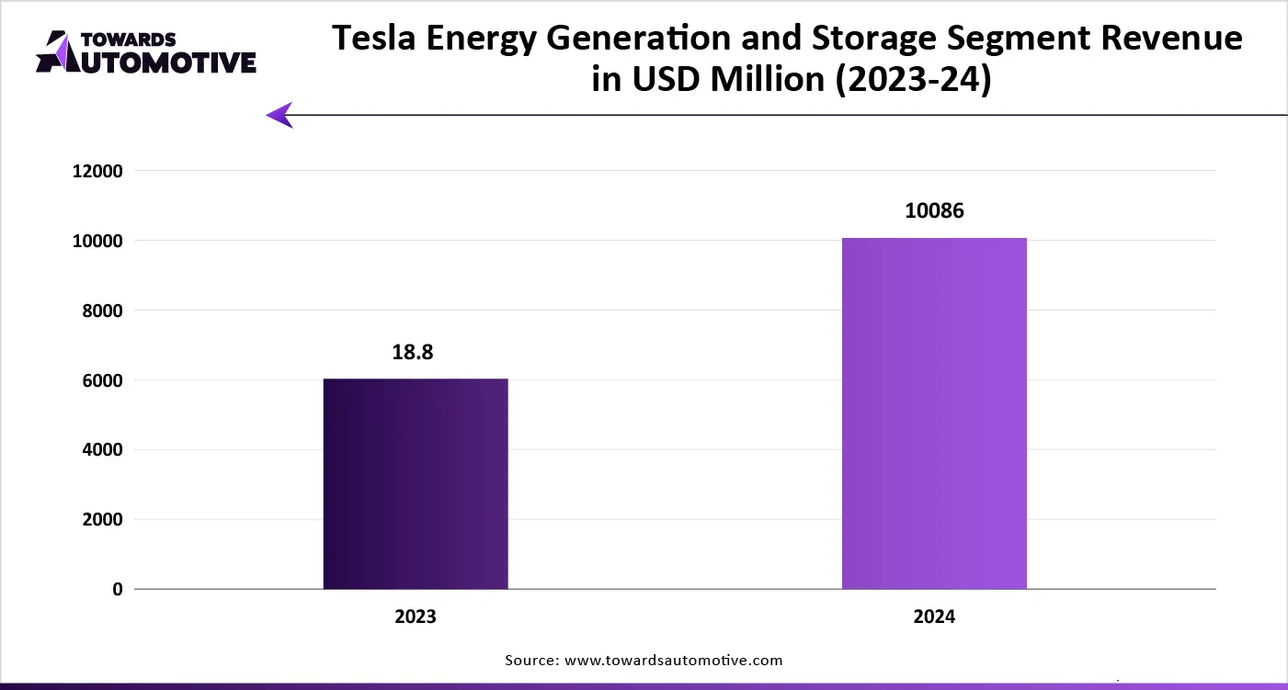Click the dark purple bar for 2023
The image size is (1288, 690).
[x=416, y=483]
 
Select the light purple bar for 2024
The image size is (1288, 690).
[x=934, y=413]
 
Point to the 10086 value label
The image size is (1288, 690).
[x=934, y=211]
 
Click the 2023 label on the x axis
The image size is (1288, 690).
[x=416, y=616]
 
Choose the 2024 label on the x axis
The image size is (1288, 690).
[x=934, y=616]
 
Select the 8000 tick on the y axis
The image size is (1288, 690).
[x=101, y=311]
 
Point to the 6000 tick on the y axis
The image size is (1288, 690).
[x=101, y=380]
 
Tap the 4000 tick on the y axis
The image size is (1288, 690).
[x=101, y=450]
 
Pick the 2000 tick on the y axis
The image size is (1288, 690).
[x=101, y=520]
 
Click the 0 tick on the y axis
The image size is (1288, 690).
[x=118, y=590]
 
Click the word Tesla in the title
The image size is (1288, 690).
[x=374, y=39]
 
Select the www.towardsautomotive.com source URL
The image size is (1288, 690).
[x=674, y=660]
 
